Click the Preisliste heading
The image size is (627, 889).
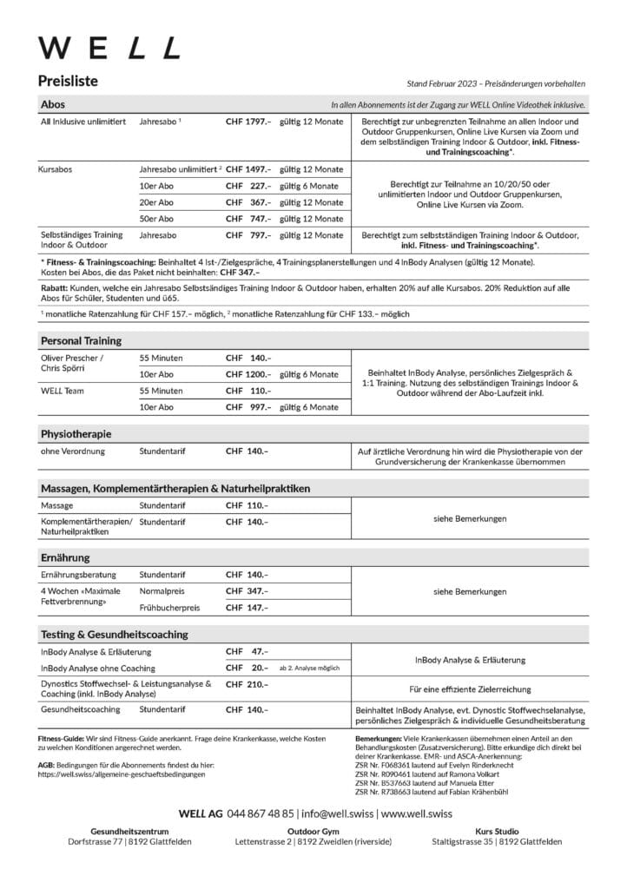(68, 82)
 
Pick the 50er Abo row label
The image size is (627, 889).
(156, 218)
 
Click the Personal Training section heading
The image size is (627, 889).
(81, 340)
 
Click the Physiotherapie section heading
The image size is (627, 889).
(76, 432)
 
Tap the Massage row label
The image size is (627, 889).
(56, 505)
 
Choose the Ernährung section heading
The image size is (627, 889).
(65, 556)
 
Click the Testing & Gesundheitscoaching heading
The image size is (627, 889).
(114, 634)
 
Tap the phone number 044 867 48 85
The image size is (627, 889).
(261, 814)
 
